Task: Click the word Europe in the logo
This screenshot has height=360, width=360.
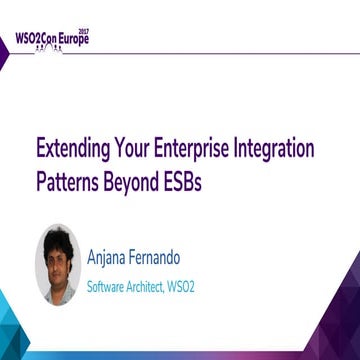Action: (86, 42)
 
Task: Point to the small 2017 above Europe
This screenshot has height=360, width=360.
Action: (98, 32)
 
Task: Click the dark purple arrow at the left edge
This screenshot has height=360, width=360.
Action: (5, 56)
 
